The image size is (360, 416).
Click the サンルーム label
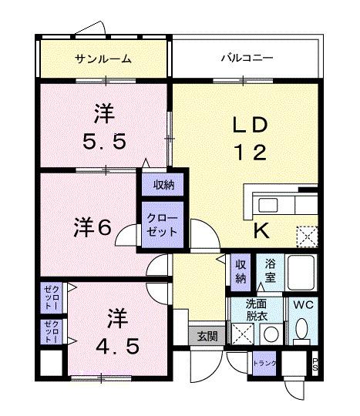pos(103,59)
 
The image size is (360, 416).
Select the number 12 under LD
pos(249,152)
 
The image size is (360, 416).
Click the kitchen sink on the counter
pos(269,205)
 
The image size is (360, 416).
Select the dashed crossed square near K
pos(307,235)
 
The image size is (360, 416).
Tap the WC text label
pos(301,304)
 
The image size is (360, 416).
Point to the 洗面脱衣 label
pos(257,309)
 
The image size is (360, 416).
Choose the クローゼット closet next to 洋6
pos(161,224)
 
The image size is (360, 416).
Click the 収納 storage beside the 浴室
pos(241,270)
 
